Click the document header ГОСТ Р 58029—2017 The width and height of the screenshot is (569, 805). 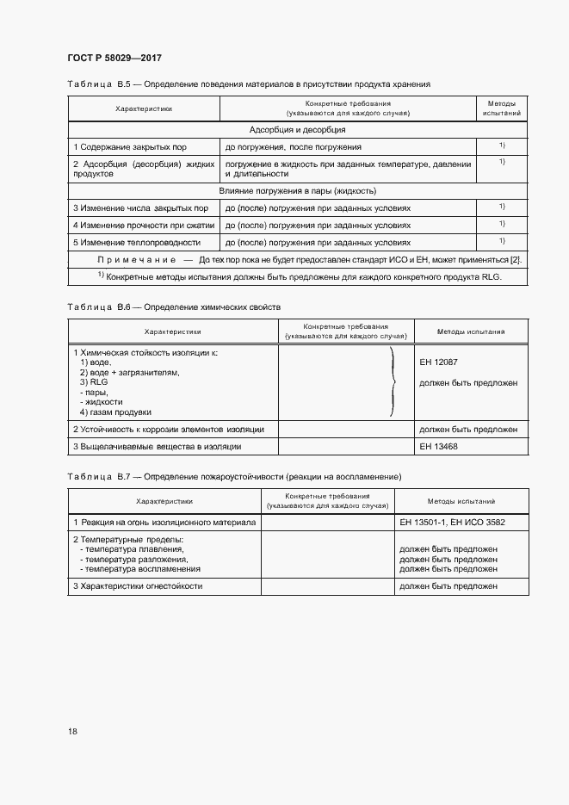[114, 58]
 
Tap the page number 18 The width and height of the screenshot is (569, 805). [72, 731]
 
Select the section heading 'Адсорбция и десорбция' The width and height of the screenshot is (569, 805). [297, 129]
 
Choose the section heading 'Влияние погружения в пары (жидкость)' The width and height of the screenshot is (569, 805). [297, 190]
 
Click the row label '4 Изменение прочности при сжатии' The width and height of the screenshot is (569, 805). [143, 225]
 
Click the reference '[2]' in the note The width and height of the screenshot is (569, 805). [516, 259]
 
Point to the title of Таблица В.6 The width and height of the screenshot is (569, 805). [174, 307]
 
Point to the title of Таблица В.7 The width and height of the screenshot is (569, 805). [234, 476]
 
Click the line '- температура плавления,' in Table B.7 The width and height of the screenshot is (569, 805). [132, 548]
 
